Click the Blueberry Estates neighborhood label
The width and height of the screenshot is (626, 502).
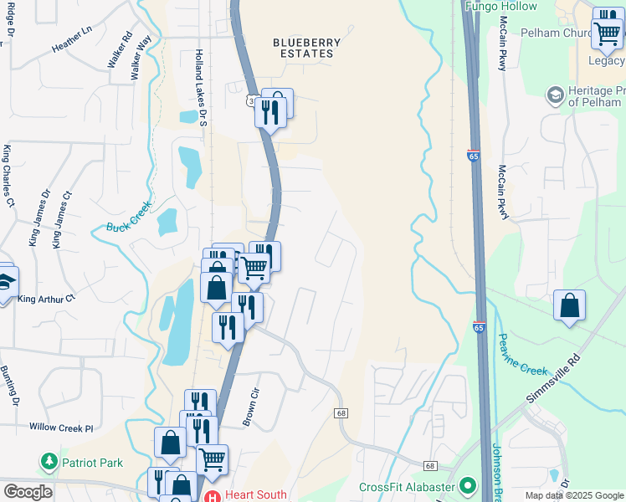tap(307, 48)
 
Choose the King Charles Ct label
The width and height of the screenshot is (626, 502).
tap(8, 177)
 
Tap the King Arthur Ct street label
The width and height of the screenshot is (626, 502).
tap(47, 299)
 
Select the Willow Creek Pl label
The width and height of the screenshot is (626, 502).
tap(61, 428)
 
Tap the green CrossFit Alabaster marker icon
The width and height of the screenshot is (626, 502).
tap(465, 486)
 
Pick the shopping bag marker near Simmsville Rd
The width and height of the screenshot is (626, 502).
tap(569, 306)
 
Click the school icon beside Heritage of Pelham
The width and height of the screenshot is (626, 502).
tap(554, 95)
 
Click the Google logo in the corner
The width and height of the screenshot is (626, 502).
tap(28, 492)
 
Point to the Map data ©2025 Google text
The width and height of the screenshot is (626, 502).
tap(572, 495)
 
